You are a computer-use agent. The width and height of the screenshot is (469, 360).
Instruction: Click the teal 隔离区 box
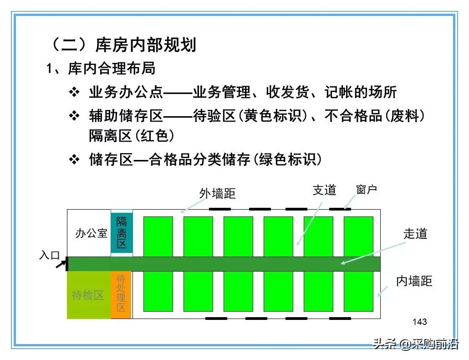click(122, 233)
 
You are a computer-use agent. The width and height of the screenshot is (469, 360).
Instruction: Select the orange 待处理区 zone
click(121, 294)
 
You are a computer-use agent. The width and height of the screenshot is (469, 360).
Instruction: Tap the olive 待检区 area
click(89, 295)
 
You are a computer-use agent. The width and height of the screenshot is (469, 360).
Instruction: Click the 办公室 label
click(91, 234)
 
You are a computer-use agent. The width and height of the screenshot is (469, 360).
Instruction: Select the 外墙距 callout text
click(217, 193)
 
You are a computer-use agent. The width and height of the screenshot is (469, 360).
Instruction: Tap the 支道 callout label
click(324, 190)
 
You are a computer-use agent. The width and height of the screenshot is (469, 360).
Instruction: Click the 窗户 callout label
click(367, 190)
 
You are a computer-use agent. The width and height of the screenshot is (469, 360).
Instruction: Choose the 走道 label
click(415, 234)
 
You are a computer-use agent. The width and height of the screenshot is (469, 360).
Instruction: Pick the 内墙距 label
click(414, 281)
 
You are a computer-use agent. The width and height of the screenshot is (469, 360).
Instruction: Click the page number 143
click(419, 322)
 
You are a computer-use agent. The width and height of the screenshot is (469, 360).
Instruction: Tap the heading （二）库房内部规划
click(123, 45)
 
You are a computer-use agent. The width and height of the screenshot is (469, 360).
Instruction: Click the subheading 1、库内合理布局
click(101, 68)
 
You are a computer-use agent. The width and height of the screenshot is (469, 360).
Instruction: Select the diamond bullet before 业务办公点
click(74, 92)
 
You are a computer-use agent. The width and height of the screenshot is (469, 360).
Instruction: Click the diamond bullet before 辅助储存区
click(74, 116)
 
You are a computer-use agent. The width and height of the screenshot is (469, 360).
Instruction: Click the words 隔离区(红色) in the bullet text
click(132, 136)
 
